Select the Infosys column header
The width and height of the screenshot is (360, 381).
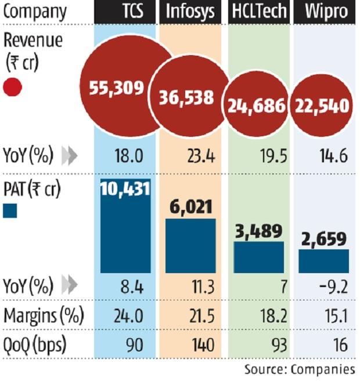pos(190,12)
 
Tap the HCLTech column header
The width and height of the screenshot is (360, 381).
pos(257,12)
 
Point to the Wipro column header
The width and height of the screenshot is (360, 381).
pos(325,12)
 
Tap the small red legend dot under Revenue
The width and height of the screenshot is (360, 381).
pos(12,88)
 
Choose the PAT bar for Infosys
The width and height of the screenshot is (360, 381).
pos(190,245)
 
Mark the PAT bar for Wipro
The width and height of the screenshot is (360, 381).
pos(324,260)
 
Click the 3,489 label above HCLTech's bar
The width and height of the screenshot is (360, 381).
pos(258,230)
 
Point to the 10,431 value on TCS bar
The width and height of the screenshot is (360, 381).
pos(125,188)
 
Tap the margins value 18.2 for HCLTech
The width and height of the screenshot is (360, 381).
pos(258,316)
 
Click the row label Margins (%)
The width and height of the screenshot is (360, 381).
pos(44,316)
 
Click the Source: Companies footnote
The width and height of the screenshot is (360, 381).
pos(299,369)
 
